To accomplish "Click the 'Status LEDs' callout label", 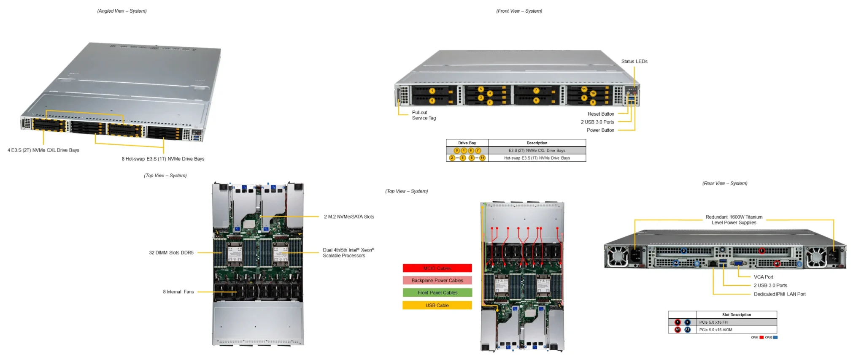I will tap(634, 62).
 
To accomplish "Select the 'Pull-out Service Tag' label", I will tap(424, 115).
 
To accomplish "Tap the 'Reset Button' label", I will tap(601, 114).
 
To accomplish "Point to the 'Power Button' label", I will tap(600, 130).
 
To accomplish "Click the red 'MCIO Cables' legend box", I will tap(437, 268).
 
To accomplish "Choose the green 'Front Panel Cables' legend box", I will tap(437, 293).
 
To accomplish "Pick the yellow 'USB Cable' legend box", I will tap(437, 306).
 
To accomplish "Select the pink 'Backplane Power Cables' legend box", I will tap(437, 281).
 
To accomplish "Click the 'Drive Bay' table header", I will tap(467, 143).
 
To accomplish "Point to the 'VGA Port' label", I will tap(763, 277).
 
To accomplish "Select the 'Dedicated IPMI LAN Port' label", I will tap(779, 294).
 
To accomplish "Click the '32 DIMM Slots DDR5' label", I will tap(171, 253).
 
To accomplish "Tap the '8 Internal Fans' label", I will tap(178, 292).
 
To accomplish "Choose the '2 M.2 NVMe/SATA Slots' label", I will tap(349, 217).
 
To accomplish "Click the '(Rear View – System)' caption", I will tap(724, 184).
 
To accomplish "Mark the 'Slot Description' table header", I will tap(736, 315).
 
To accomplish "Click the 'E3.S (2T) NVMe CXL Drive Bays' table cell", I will tap(537, 151).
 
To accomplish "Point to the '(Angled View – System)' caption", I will tap(122, 11).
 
